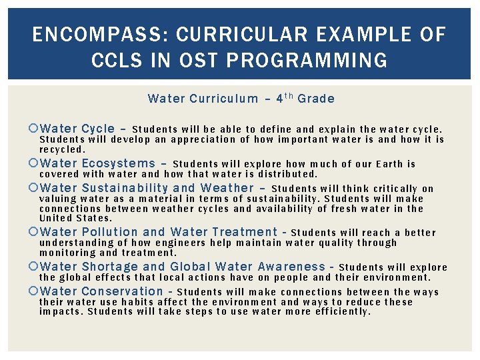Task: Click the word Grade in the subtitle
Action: (x=316, y=99)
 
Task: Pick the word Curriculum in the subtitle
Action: (x=223, y=99)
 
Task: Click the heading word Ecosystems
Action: (x=118, y=163)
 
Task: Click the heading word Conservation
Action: (x=122, y=291)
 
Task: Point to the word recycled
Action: (x=62, y=150)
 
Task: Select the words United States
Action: (x=75, y=218)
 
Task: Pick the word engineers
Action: (x=185, y=243)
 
